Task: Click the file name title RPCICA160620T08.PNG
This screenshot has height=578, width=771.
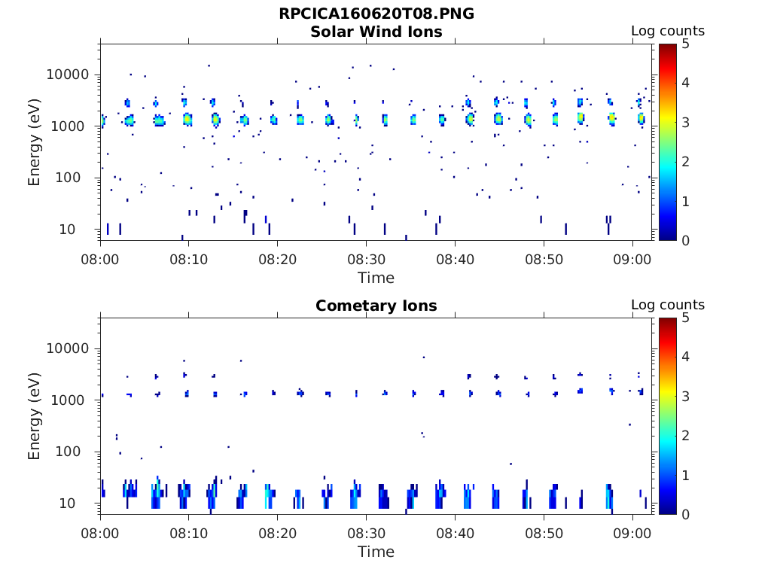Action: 376,14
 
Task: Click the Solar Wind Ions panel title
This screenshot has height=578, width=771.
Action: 376,32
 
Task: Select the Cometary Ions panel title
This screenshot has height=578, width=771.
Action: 376,306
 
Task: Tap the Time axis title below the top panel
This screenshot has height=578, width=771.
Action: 376,278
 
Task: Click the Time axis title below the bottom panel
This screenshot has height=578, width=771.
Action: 376,552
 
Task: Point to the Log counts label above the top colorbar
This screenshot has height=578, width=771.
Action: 668,31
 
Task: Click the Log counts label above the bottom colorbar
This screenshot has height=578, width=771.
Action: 668,305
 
